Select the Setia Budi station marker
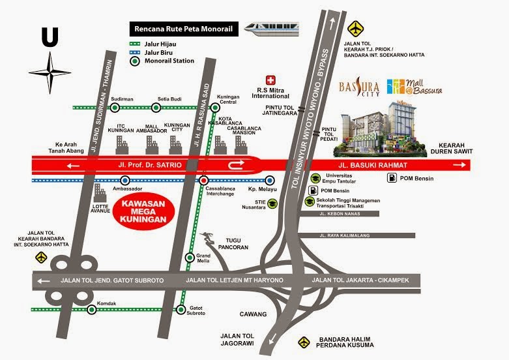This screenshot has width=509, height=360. click(160, 108)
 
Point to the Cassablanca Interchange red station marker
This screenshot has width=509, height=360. click(204, 180)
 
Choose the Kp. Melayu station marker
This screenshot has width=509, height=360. click(269, 180)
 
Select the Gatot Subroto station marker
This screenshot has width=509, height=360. click(189, 299)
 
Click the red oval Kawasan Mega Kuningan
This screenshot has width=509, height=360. click(141, 211)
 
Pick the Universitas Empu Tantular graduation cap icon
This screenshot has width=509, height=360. click(314, 178)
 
